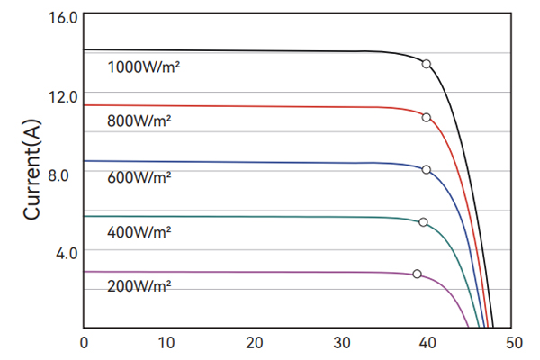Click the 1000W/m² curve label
tap(144, 67)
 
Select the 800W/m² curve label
tap(139, 121)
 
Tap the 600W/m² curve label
tap(139, 177)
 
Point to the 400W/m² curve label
tap(139, 232)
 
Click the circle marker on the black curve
tap(427, 64)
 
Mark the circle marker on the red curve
tap(427, 117)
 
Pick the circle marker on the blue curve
tap(427, 169)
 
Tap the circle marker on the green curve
tap(423, 222)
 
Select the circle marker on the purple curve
tap(417, 274)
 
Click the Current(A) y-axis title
tap(33, 168)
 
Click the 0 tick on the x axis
tap(84, 343)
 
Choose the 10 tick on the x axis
tap(166, 343)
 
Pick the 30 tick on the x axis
tap(342, 343)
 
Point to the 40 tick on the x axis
tap(427, 343)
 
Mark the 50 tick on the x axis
tap(514, 343)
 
